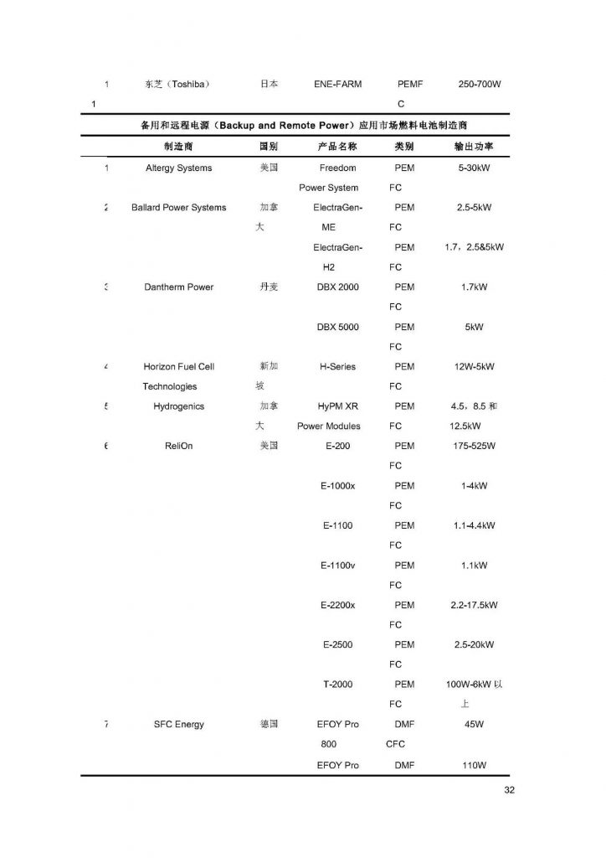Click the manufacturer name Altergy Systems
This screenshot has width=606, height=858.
coord(178,168)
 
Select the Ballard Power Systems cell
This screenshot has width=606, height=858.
coord(178,208)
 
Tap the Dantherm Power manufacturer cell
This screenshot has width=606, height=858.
coord(178,287)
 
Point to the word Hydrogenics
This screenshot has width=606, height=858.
coord(178,406)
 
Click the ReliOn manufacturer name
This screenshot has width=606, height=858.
coord(178,446)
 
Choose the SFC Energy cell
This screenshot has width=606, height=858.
coord(178,724)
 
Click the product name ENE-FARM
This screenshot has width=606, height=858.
coord(337,85)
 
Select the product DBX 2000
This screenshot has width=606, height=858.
coord(337,287)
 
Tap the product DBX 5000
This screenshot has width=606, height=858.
coord(337,327)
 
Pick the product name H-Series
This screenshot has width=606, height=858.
coord(337,367)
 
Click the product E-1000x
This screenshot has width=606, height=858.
coord(337,486)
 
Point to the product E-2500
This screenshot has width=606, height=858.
coord(337,644)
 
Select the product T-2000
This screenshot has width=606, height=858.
coord(337,685)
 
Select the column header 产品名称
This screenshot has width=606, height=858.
coord(337,146)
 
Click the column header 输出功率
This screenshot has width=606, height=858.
coord(474,146)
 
